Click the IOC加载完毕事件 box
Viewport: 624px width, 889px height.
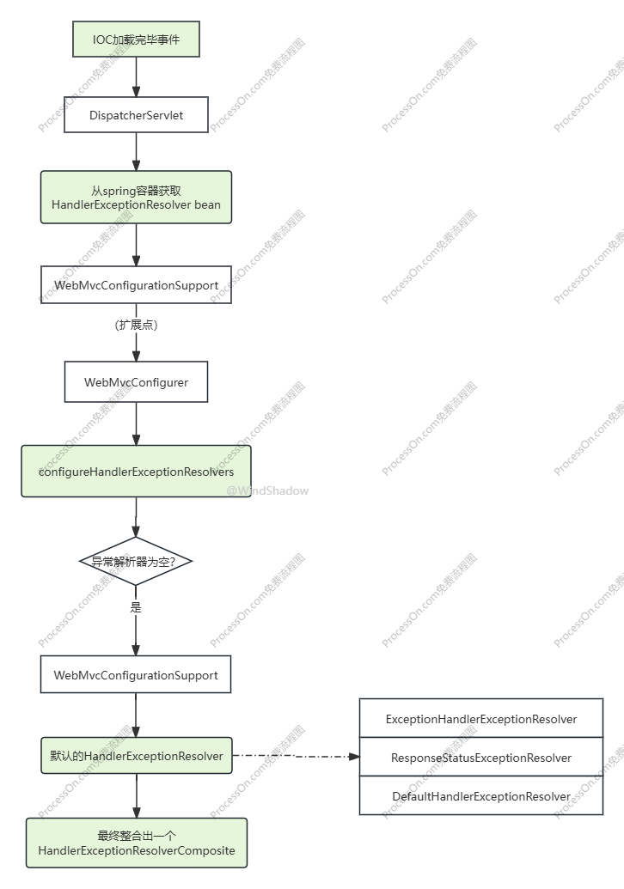pos(136,40)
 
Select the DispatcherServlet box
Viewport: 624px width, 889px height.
pos(136,114)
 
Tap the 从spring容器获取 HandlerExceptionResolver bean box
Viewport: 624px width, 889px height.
pos(136,198)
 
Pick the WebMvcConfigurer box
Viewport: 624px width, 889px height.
pos(136,382)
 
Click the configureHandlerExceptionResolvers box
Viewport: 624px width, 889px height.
pos(136,472)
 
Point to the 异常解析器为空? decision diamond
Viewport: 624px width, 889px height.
pos(136,561)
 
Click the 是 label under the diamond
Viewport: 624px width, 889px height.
pos(136,607)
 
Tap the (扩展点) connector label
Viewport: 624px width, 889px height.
pos(136,325)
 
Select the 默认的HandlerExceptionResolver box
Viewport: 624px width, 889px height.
pos(137,756)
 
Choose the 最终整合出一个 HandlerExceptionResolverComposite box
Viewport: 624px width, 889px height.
pos(137,843)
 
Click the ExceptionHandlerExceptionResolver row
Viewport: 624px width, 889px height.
pos(481,718)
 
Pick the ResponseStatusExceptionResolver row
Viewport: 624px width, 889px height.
pos(481,757)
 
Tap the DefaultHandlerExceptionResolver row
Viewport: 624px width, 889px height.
pos(481,795)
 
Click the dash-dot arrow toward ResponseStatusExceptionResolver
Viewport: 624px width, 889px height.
pos(297,757)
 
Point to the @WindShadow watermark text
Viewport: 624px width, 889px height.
pos(268,491)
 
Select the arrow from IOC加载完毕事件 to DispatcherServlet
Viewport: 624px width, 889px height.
pos(136,77)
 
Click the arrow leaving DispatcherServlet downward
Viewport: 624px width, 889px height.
pos(136,152)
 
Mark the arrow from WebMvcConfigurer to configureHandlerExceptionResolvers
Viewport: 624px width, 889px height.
pos(136,423)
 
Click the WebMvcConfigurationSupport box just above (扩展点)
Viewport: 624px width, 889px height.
pos(136,284)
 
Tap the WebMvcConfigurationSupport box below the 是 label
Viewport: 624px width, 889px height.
pos(136,674)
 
